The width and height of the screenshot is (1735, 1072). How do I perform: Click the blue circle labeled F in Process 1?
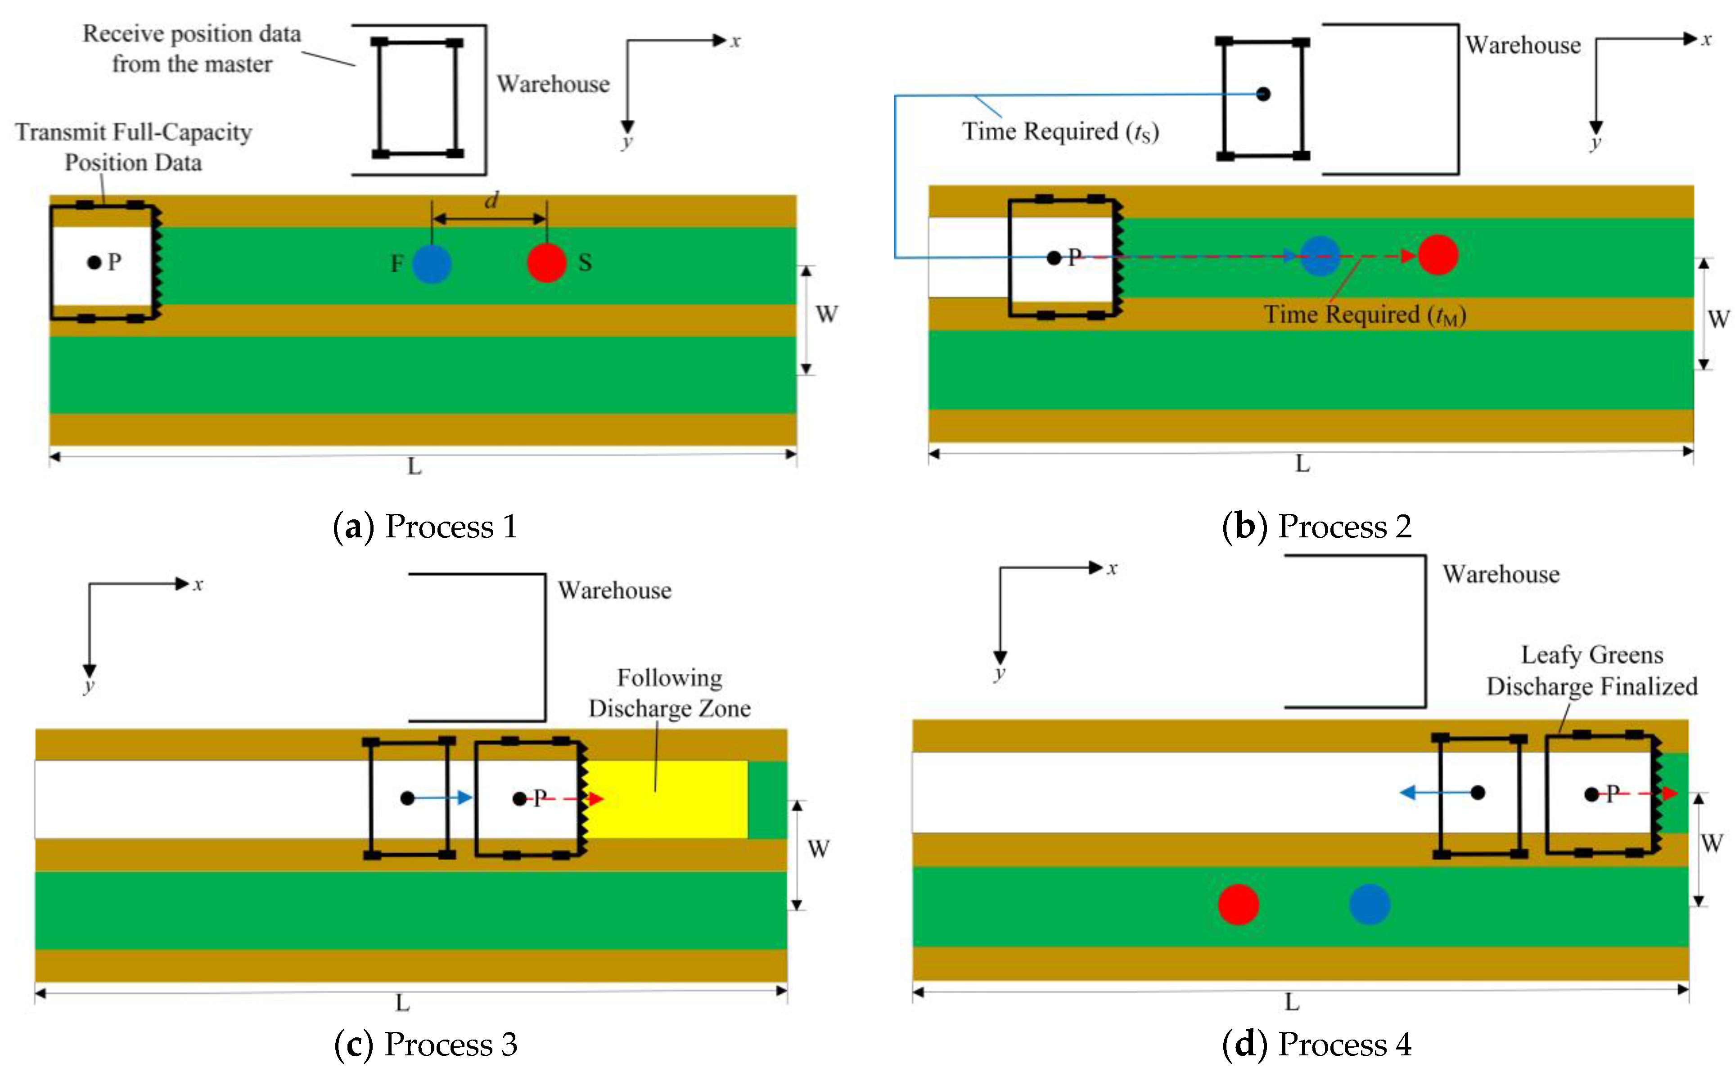tap(431, 264)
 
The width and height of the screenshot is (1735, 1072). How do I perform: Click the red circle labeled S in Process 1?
tap(547, 263)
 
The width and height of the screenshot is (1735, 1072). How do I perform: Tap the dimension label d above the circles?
tap(491, 201)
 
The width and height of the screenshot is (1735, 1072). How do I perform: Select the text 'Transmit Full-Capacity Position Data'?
tap(133, 147)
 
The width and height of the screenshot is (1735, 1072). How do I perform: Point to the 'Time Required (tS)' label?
tap(1060, 132)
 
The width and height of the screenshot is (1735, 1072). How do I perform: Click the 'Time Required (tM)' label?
tap(1364, 315)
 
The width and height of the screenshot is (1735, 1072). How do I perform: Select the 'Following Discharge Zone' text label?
tap(669, 693)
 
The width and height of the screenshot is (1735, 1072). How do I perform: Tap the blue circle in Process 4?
tap(1369, 905)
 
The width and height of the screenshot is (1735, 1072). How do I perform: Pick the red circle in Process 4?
tap(1238, 905)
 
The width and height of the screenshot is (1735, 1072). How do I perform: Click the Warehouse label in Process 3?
tap(614, 590)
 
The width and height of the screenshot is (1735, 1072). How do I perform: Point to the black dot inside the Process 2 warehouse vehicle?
tap(1263, 94)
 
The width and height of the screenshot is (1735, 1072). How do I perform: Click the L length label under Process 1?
tap(414, 467)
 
